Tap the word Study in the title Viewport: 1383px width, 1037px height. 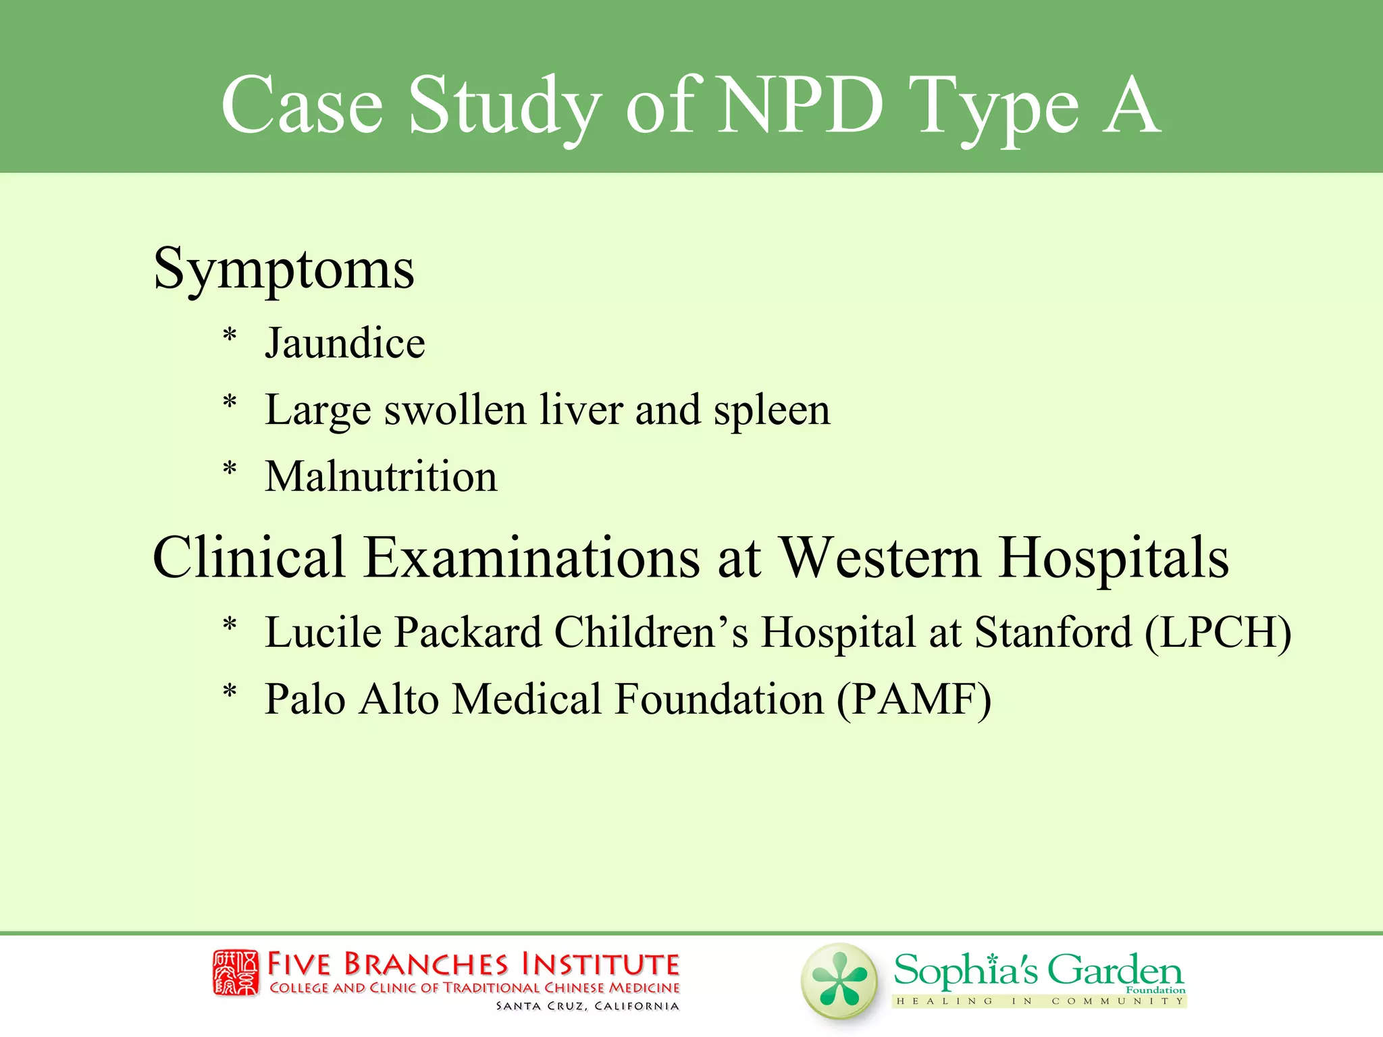coord(504,107)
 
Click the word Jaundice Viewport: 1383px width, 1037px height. coord(344,343)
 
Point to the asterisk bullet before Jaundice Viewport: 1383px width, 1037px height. coord(230,336)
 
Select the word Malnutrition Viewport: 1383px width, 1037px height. coord(381,477)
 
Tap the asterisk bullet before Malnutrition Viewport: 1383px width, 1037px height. coord(230,469)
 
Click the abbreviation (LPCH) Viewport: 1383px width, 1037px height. coord(1218,633)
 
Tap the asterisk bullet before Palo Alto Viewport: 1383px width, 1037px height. coord(230,691)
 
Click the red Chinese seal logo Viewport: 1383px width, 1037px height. coord(236,973)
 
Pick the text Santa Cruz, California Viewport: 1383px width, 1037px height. coord(587,1006)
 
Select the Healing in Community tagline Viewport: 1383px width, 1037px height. coord(1039,1001)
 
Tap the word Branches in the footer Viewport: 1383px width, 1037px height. coord(425,964)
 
